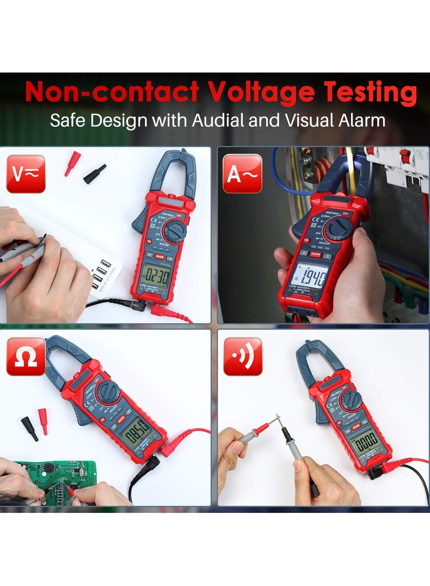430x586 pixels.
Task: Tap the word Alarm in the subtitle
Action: (x=361, y=120)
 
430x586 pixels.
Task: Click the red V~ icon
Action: (x=25, y=173)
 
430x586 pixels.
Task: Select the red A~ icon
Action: (x=242, y=173)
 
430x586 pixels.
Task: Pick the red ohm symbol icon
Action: (x=25, y=356)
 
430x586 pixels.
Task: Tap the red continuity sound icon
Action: (x=242, y=356)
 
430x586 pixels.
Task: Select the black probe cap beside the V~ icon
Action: (x=95, y=175)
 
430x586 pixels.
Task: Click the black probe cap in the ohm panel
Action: (x=30, y=429)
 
